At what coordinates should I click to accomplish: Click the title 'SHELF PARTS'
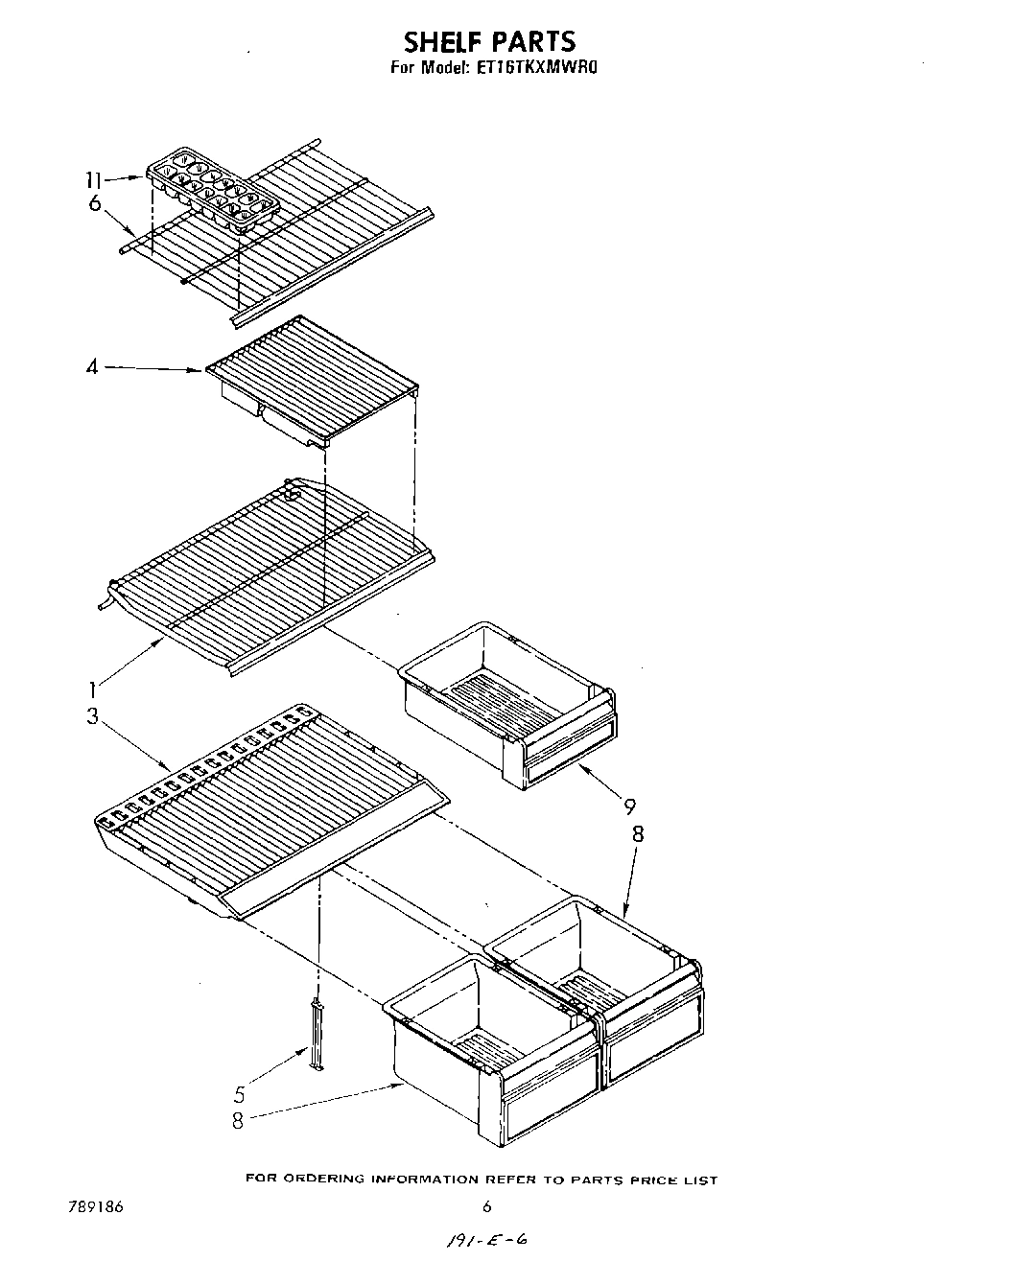[489, 41]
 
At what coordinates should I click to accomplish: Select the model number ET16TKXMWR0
[537, 69]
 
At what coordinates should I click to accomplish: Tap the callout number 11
[93, 179]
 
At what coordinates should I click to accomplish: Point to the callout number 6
[94, 203]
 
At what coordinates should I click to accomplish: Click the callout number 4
[92, 366]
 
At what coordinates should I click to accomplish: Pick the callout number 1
[92, 688]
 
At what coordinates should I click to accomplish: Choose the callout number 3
[92, 716]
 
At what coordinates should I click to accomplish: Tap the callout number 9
[629, 806]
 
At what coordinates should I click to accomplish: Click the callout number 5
[240, 1094]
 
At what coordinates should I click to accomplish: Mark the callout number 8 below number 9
[637, 833]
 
